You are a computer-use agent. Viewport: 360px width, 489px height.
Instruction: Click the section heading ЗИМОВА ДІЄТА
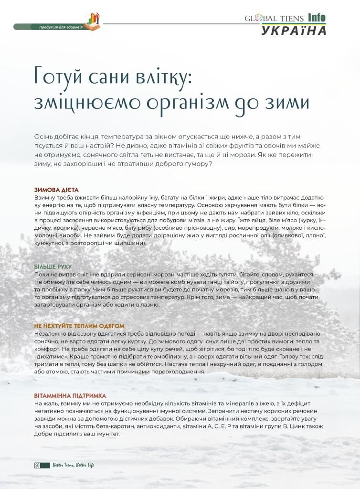[56, 190]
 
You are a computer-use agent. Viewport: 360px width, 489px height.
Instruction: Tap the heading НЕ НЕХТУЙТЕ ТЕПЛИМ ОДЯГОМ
[79, 326]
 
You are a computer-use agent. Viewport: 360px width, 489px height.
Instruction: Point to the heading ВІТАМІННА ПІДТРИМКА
[70, 396]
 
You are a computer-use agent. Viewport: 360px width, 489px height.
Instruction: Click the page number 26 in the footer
[37, 465]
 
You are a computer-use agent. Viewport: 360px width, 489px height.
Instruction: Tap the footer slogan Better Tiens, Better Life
[73, 465]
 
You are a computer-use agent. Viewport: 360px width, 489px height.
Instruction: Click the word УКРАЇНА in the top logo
[294, 31]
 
